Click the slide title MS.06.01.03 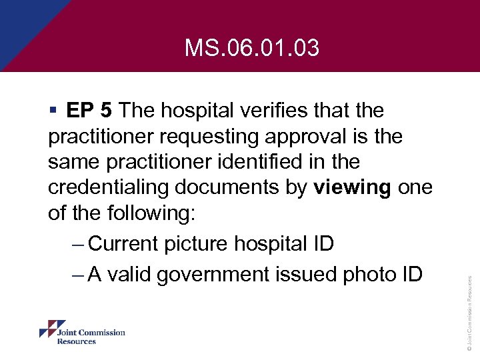pos(252,48)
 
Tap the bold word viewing pos(352,189)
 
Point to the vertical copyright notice pos(469,313)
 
